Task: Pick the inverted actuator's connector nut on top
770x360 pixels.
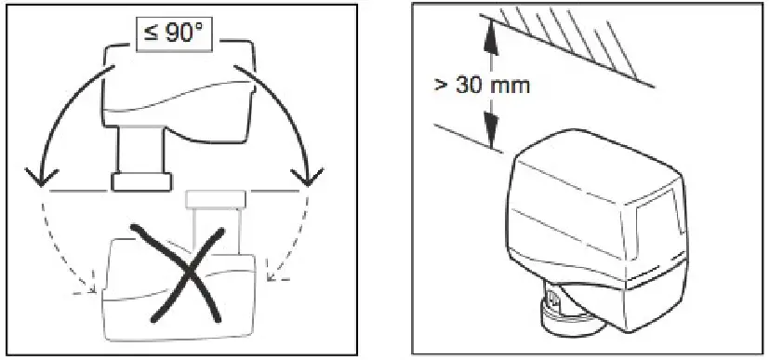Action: click(x=216, y=198)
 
